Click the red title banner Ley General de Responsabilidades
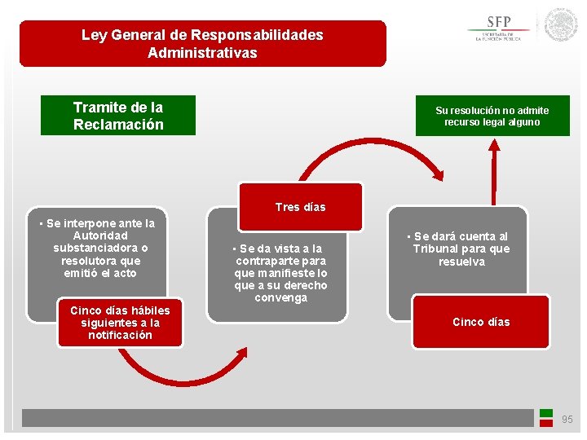202,44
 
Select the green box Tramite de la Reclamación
118,116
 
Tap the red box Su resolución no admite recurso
492,116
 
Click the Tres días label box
300,207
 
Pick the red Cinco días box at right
481,322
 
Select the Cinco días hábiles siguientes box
120,323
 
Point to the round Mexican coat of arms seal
561,25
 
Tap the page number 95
567,420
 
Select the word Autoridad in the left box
100,235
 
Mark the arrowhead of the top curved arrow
439,173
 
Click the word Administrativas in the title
202,53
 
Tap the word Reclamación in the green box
118,125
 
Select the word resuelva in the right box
461,262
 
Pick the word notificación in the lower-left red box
120,335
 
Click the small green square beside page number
546,413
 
